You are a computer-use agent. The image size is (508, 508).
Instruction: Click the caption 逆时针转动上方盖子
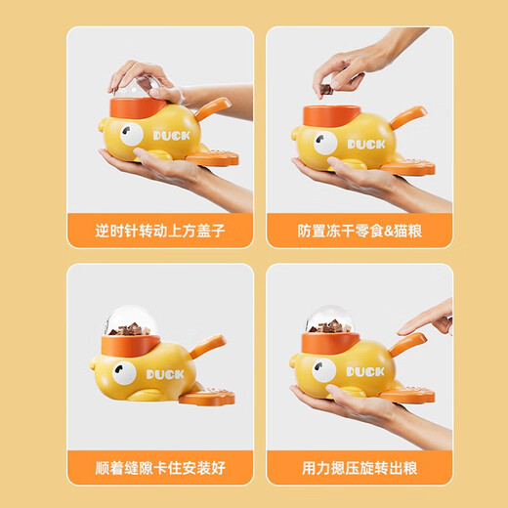point(160,233)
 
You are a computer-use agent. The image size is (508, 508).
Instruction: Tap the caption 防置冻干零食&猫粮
point(359,233)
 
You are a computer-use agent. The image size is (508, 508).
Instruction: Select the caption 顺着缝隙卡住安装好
point(160,468)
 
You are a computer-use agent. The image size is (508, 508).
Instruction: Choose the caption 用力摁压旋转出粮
point(359,468)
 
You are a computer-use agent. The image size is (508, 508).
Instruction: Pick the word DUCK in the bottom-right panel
point(365,370)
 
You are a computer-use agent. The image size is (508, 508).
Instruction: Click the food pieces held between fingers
point(325,89)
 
